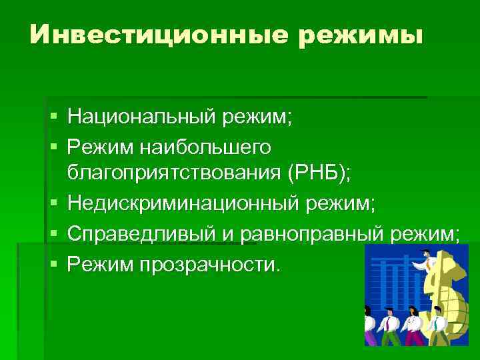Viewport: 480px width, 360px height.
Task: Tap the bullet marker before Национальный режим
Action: pos(54,118)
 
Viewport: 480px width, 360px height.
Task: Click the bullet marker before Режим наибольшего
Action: pos(54,145)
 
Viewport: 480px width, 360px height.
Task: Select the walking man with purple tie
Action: pos(388,327)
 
